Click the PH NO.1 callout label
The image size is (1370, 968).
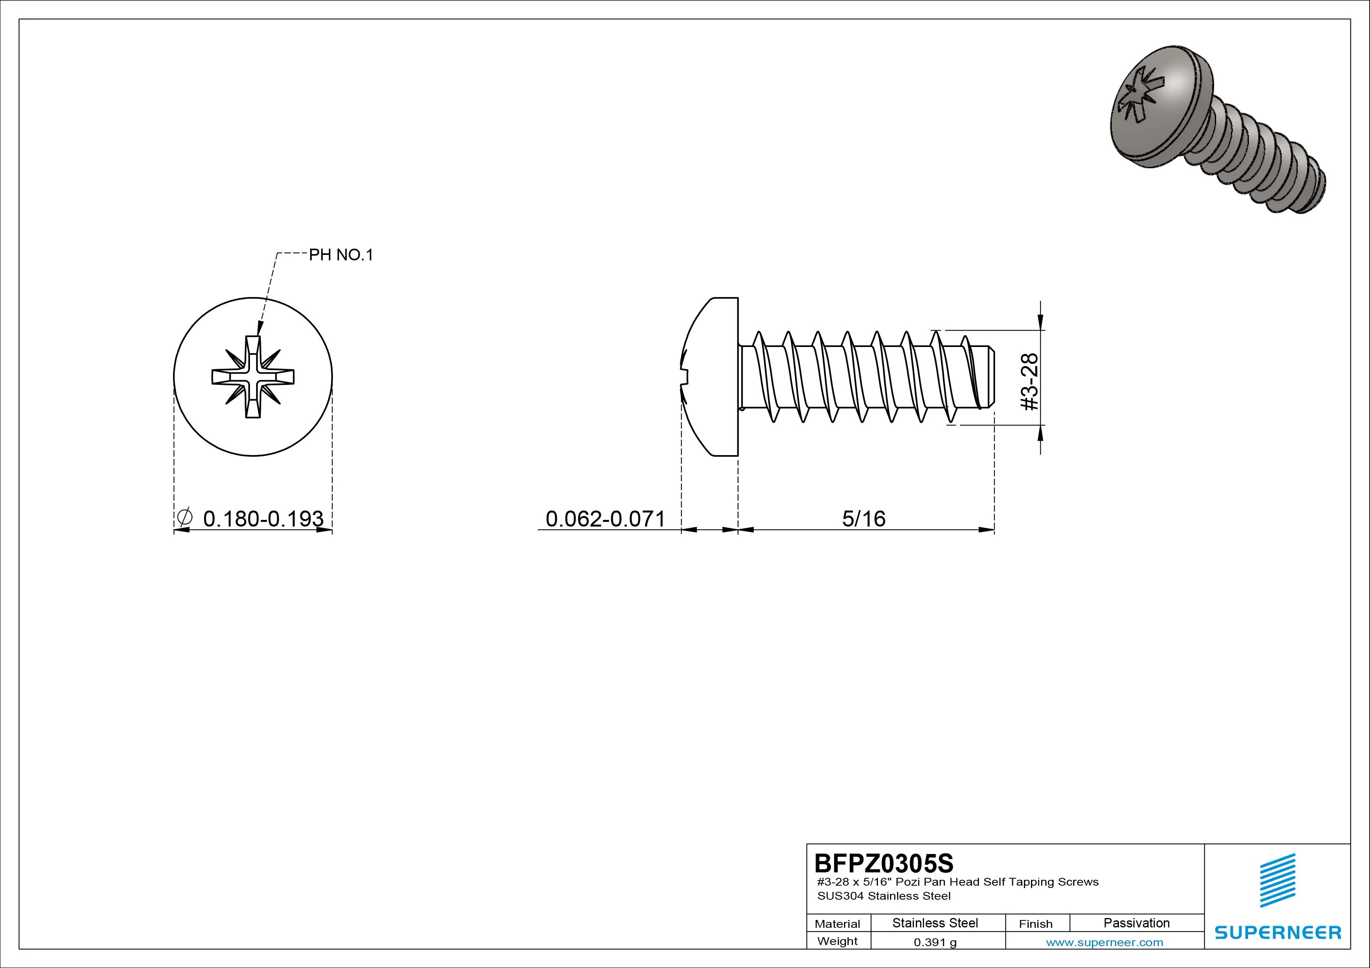pyautogui.click(x=341, y=255)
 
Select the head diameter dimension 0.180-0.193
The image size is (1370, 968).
pyautogui.click(x=263, y=519)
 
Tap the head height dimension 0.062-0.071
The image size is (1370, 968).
pyautogui.click(x=605, y=519)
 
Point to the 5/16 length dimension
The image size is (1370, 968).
pyautogui.click(x=863, y=519)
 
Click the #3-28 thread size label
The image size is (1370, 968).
pyautogui.click(x=1030, y=382)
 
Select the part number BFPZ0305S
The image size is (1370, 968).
pyautogui.click(x=884, y=863)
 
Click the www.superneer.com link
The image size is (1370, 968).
pyautogui.click(x=1104, y=942)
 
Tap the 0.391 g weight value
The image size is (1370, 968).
pyautogui.click(x=935, y=942)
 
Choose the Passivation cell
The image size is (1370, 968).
pyautogui.click(x=1136, y=923)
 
